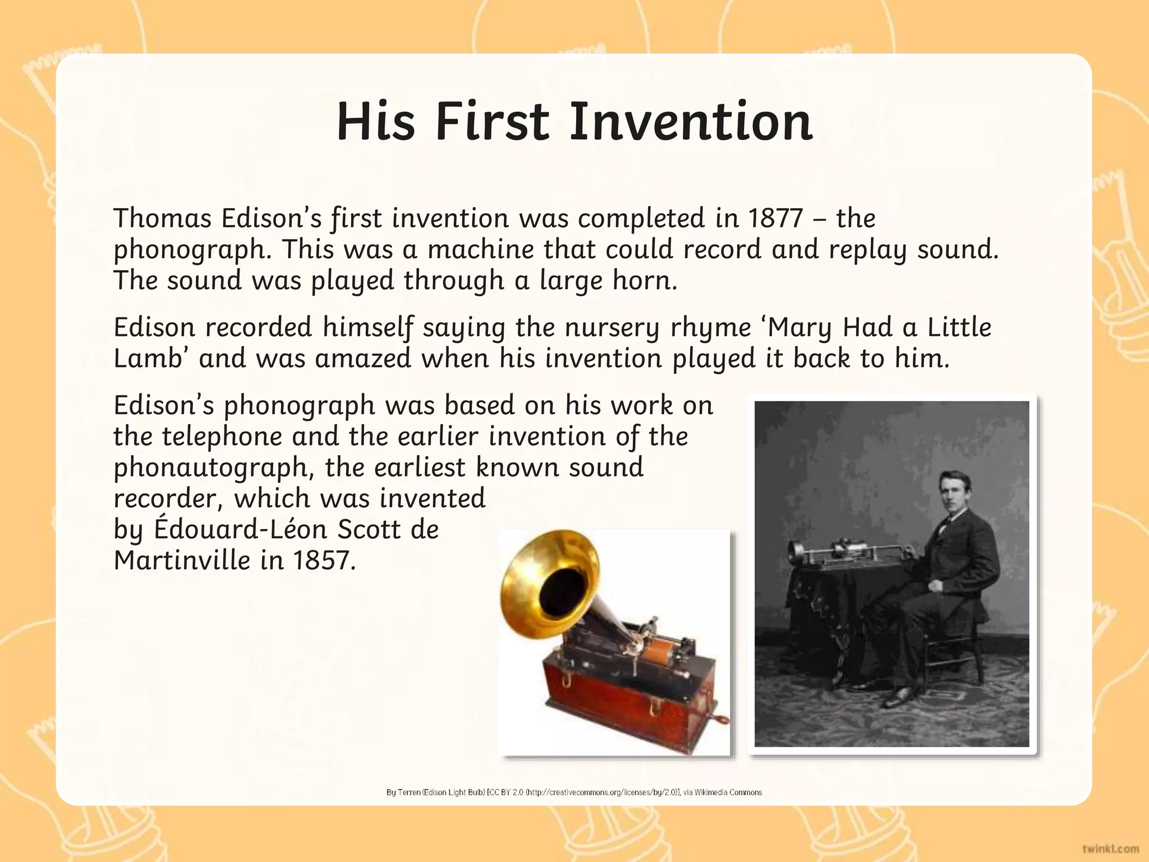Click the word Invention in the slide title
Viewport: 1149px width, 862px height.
691,122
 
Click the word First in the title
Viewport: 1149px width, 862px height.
492,122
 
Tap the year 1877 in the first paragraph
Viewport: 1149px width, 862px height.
775,218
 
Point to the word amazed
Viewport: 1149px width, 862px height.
363,359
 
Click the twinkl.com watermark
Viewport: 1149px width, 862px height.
1110,849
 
